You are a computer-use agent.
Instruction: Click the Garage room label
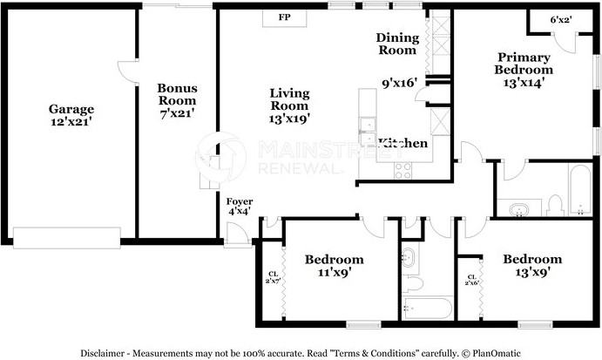click(71, 116)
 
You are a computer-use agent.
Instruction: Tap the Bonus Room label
click(176, 99)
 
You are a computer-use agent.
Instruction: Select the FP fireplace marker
click(284, 17)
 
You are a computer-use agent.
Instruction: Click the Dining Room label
click(398, 44)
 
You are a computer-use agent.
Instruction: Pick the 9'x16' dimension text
click(400, 84)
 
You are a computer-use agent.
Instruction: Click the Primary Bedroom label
click(524, 70)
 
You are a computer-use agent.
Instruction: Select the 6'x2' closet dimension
click(561, 19)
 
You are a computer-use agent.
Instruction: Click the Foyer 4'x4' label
click(240, 206)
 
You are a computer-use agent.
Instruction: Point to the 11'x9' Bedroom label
click(334, 266)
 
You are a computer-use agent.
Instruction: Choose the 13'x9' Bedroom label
click(532, 265)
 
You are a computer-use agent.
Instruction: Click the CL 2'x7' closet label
click(273, 276)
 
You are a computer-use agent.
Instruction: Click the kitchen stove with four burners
click(403, 171)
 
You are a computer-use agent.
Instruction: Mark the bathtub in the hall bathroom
click(428, 309)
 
